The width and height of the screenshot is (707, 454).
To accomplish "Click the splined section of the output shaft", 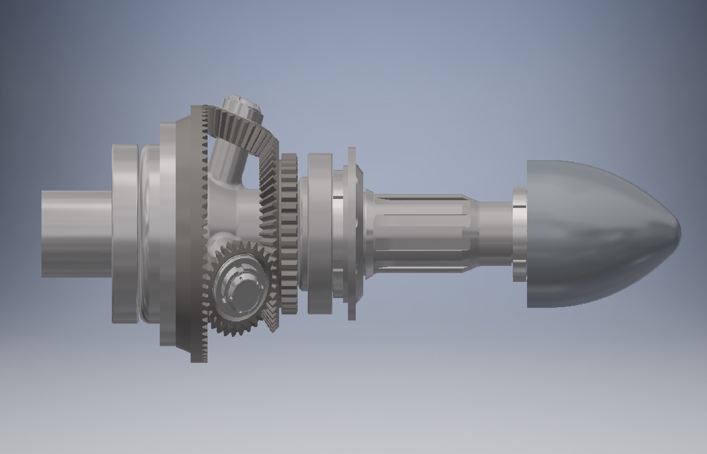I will click(x=420, y=233).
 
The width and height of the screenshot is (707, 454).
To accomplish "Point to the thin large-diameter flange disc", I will click(x=352, y=233).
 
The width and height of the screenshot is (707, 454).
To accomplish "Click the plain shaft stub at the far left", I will click(x=76, y=233).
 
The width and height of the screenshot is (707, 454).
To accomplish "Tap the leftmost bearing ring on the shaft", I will click(x=125, y=233).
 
